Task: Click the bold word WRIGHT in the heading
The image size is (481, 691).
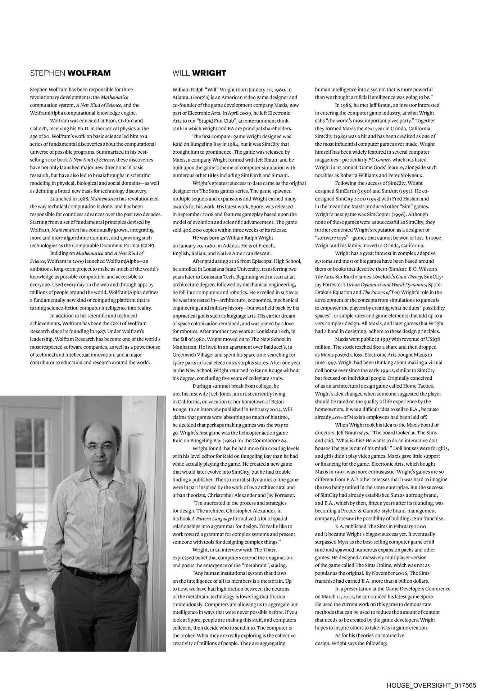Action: [x=209, y=73]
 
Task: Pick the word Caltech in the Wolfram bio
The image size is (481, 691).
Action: [x=39, y=128]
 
